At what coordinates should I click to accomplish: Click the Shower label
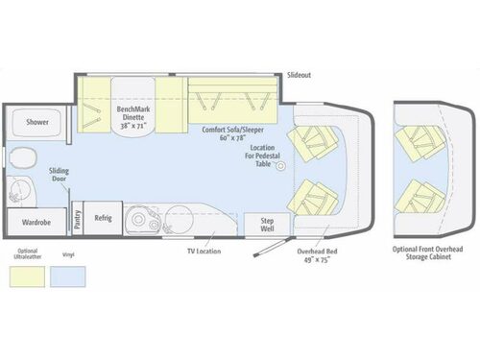pos(37,123)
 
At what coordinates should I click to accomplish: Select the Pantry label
pos(77,217)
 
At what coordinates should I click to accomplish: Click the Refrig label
pos(103,218)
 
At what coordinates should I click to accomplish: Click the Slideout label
pos(300,74)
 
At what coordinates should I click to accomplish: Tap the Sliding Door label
pos(59,176)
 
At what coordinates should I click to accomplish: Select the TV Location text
pos(203,252)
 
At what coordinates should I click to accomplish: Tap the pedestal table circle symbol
pos(282,167)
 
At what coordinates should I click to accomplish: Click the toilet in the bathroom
pos(24,156)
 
